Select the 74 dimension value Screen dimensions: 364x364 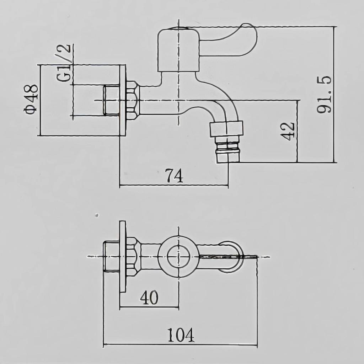pyautogui.click(x=174, y=176)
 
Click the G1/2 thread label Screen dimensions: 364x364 pyautogui.click(x=63, y=63)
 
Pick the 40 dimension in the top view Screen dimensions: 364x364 pyautogui.click(x=149, y=298)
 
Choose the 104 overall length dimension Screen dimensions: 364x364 pyautogui.click(x=181, y=335)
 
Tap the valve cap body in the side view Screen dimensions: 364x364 pyautogui.click(x=178, y=49)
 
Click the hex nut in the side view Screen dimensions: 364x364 pyautogui.click(x=133, y=100)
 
